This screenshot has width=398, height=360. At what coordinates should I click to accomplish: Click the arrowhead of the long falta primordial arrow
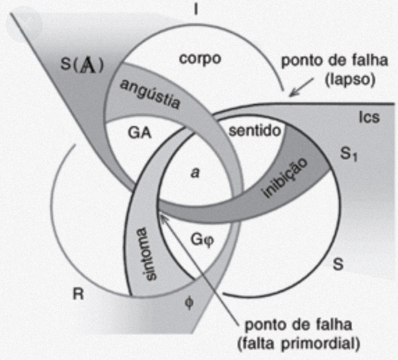(164, 218)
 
